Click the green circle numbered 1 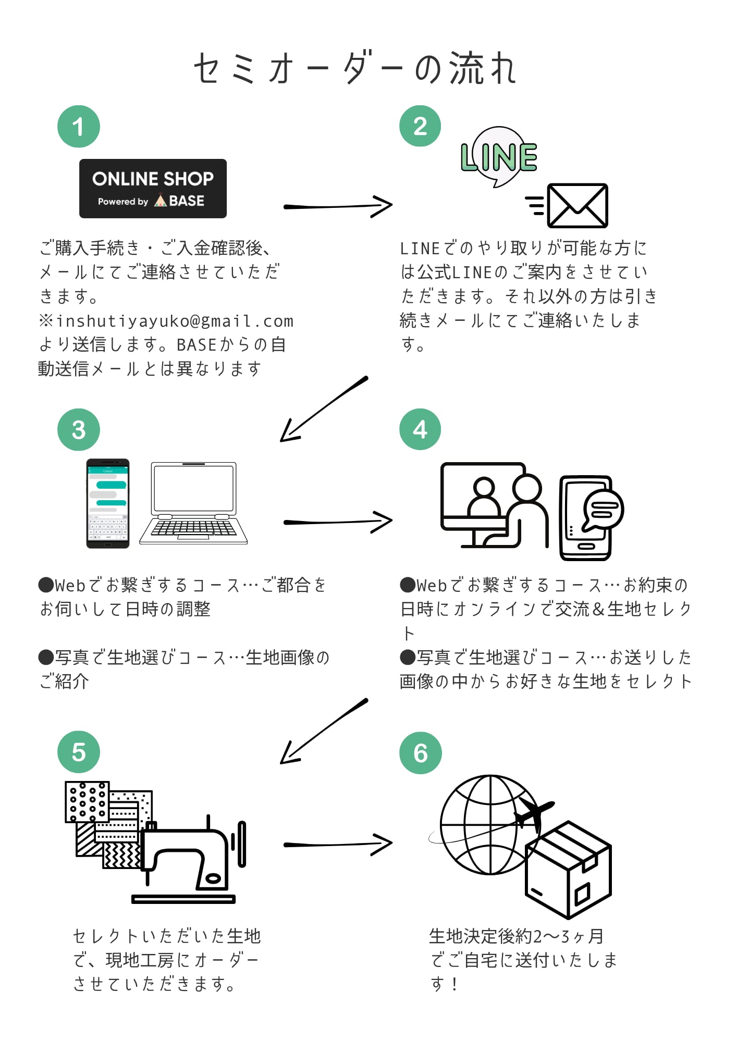point(79,127)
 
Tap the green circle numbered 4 point(420,429)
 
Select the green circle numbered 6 point(420,753)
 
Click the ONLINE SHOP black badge point(153,188)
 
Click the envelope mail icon point(577,205)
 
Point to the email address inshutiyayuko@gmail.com point(175,321)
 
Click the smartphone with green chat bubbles point(108,503)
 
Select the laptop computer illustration point(193,503)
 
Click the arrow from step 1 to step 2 point(338,206)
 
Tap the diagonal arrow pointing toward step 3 point(323,409)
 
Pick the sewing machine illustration point(190,860)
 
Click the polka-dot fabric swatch point(87,802)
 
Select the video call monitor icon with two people point(493,504)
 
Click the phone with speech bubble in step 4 point(589,517)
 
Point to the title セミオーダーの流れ point(355,68)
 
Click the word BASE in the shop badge point(187,201)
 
